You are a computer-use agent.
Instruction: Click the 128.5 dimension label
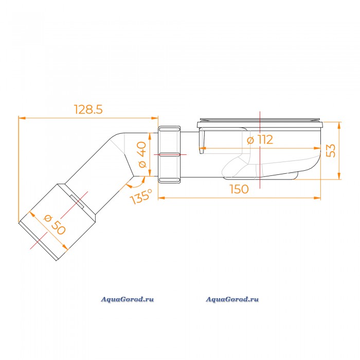point(88,109)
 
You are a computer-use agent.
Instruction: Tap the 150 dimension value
point(239,189)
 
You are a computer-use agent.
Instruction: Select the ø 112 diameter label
point(260,139)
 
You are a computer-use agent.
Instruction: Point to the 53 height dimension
point(331,151)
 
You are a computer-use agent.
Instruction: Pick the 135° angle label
point(141,196)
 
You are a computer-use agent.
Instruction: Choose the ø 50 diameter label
point(55,225)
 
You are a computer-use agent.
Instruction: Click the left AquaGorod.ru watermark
point(128,299)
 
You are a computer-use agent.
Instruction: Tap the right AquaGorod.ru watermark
point(232,299)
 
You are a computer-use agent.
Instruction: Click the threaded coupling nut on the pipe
point(169,154)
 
